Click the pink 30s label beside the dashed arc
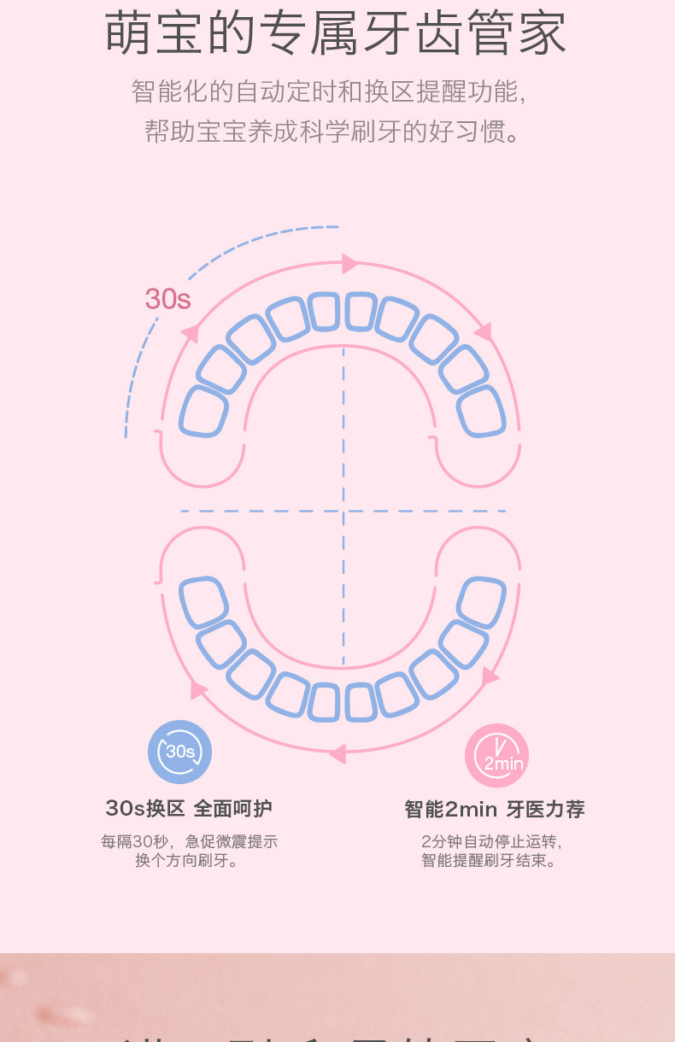pos(167,299)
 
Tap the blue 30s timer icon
pos(179,752)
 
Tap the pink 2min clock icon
pos(496,756)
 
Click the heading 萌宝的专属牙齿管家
pos(337,34)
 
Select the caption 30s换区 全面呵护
pos(189,808)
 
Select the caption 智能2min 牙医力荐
pos(495,809)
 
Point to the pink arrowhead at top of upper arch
pos(349,264)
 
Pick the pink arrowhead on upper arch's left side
pos(191,334)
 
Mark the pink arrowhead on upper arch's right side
pos(484,331)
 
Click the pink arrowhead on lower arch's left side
pos(198,689)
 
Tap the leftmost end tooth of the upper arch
pos(203,412)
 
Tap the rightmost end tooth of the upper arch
pos(481,412)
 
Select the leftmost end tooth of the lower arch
pos(203,602)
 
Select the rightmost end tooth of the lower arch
pos(481,602)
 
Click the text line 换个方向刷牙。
pos(188,861)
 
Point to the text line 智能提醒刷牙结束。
pos(490,861)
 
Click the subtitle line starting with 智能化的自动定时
pos(329,91)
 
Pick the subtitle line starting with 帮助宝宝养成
pos(333,132)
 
